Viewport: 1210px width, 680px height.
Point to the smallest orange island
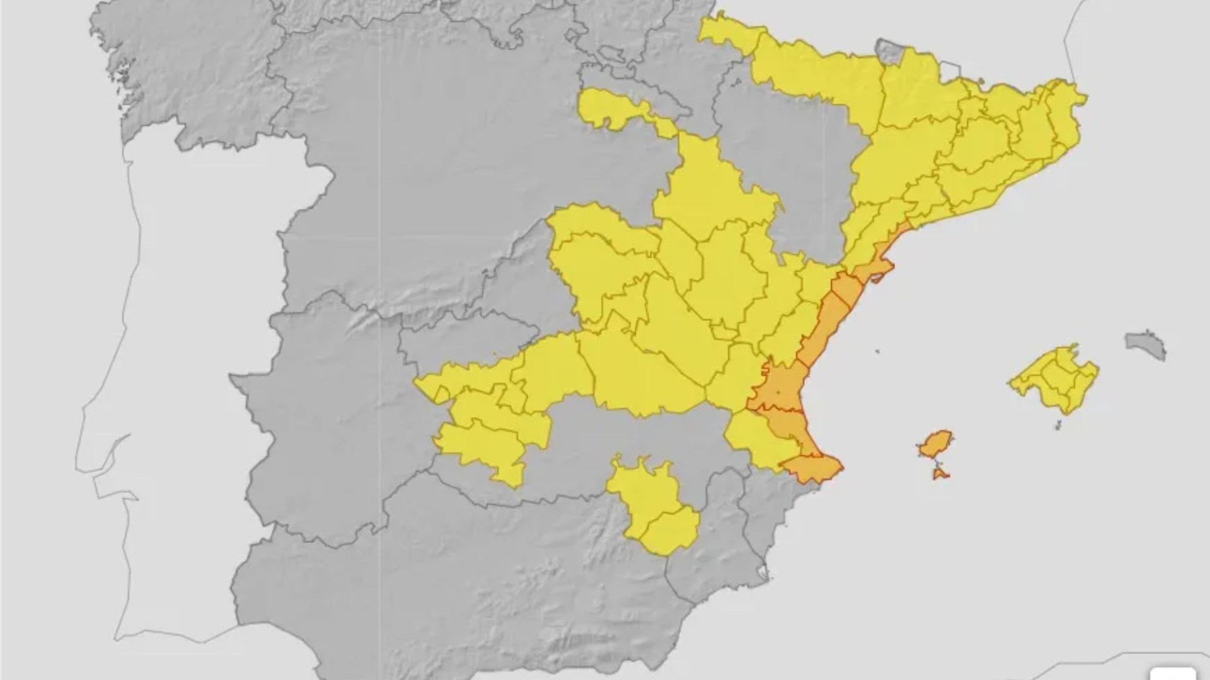pyautogui.click(x=940, y=473)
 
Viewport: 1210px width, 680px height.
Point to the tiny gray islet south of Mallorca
pyautogui.click(x=1057, y=425)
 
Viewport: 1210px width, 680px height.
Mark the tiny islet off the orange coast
pyautogui.click(x=877, y=352)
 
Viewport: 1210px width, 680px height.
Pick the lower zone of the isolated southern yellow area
pyautogui.click(x=671, y=532)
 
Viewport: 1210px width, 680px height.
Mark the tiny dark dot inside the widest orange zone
pyautogui.click(x=778, y=392)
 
